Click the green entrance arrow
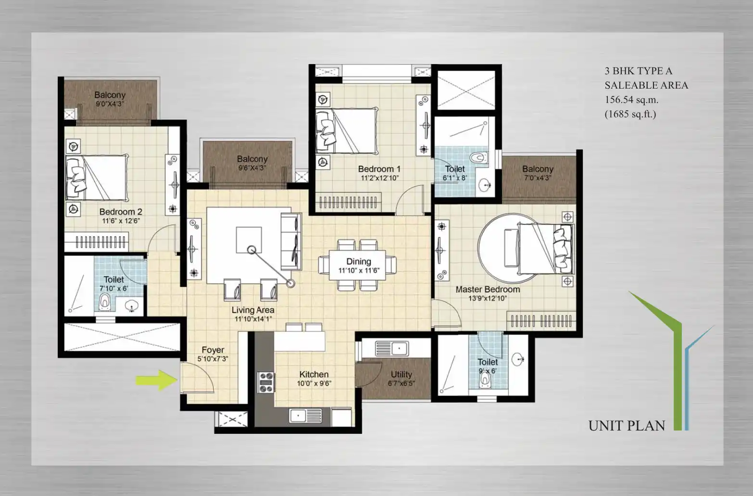pyautogui.click(x=157, y=380)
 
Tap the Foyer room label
pyautogui.click(x=213, y=350)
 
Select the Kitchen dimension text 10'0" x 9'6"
pyautogui.click(x=314, y=383)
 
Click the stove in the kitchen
pyautogui.click(x=266, y=382)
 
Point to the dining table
pyautogui.click(x=357, y=265)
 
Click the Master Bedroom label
pyautogui.click(x=488, y=289)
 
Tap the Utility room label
pyautogui.click(x=402, y=375)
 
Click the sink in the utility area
pyautogui.click(x=392, y=349)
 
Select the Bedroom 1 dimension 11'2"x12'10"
pyautogui.click(x=379, y=178)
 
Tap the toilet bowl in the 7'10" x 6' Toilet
pyautogui.click(x=105, y=302)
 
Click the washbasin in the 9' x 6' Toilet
pyautogui.click(x=518, y=359)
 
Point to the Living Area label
pyautogui.click(x=253, y=310)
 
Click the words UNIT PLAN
pyautogui.click(x=627, y=426)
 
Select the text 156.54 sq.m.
pyautogui.click(x=631, y=100)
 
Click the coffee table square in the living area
pyautogui.click(x=249, y=240)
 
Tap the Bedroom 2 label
pyautogui.click(x=121, y=212)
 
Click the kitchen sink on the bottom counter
pyautogui.click(x=305, y=416)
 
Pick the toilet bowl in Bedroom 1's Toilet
pyautogui.click(x=479, y=157)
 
